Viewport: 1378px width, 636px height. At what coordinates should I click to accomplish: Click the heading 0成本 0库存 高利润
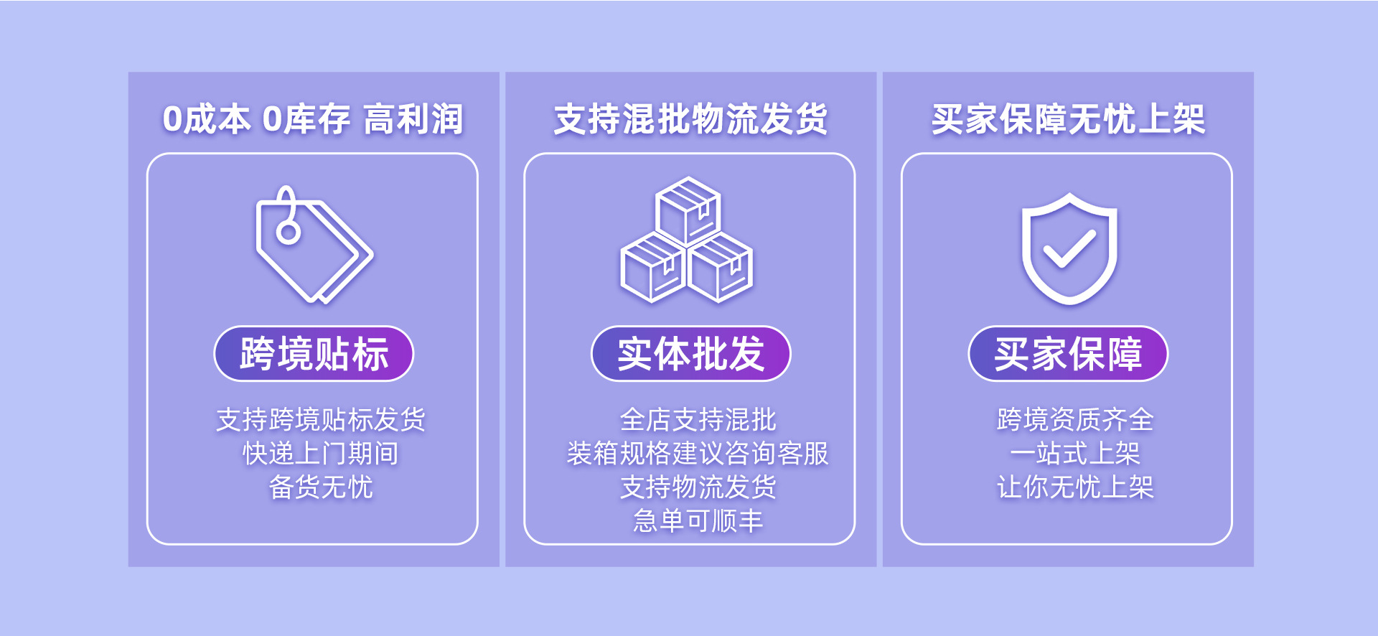click(x=313, y=119)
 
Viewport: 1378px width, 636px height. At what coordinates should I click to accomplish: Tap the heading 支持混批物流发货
click(x=690, y=119)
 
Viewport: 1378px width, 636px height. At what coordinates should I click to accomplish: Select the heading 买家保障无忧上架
click(x=1068, y=119)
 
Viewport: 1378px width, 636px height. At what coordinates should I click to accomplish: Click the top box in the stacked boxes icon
click(x=688, y=211)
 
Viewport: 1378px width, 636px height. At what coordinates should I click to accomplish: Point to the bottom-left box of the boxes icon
click(x=652, y=268)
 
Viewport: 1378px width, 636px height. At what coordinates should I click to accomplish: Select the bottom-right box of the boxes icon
click(x=721, y=268)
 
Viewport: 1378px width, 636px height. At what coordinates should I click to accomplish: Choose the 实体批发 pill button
click(x=690, y=354)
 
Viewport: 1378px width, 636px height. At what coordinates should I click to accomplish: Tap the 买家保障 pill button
click(x=1068, y=354)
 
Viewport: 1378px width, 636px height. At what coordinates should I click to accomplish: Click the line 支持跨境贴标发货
click(x=321, y=419)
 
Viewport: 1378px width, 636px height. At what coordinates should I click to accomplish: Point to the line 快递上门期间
click(x=321, y=453)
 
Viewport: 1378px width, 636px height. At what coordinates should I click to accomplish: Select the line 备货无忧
click(x=321, y=487)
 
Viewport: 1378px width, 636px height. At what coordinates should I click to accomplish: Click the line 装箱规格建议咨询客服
click(x=698, y=453)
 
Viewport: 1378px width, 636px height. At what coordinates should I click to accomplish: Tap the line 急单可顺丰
click(x=698, y=520)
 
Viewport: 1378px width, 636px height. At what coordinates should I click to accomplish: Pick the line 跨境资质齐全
click(x=1075, y=419)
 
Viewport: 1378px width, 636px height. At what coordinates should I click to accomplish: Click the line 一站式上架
click(x=1075, y=453)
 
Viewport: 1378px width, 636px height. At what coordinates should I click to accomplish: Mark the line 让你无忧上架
click(x=1075, y=487)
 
